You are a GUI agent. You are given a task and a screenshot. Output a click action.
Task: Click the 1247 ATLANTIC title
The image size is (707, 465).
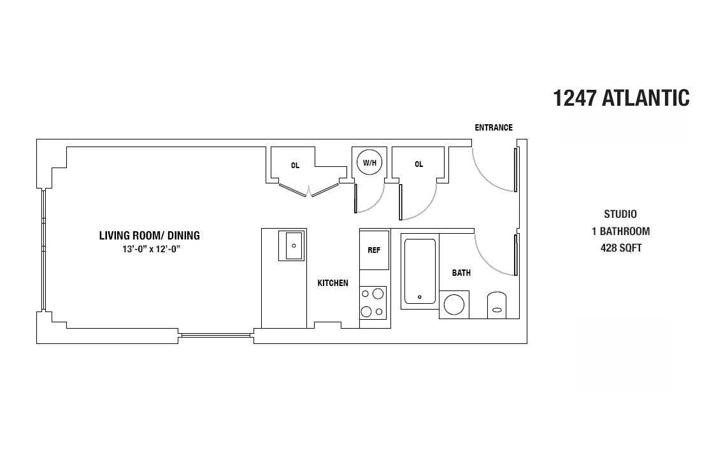(x=621, y=98)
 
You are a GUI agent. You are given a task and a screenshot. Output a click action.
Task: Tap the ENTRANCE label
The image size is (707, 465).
(x=493, y=127)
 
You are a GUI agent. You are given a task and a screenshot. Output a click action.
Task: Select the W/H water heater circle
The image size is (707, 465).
(x=370, y=162)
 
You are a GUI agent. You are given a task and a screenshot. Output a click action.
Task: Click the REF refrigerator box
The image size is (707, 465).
(x=374, y=250)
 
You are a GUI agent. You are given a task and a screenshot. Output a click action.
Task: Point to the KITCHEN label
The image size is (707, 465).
(x=332, y=283)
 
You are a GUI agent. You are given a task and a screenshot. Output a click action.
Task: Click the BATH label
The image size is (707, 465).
(x=461, y=273)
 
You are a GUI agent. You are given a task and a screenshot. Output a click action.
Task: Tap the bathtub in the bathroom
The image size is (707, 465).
(x=420, y=271)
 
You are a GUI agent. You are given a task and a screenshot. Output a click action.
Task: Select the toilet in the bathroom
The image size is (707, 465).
(x=497, y=305)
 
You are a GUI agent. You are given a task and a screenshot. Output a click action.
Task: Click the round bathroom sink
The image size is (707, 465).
(x=454, y=304)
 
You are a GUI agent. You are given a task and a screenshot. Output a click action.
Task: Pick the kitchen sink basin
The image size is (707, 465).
(x=294, y=245)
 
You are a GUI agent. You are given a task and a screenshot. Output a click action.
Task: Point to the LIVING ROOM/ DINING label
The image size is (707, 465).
(x=149, y=236)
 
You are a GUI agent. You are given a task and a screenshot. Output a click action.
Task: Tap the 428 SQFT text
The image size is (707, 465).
(x=620, y=248)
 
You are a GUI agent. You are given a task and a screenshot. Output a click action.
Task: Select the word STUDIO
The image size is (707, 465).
(x=620, y=214)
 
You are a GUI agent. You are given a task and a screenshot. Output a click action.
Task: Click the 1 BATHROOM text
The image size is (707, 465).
(x=620, y=231)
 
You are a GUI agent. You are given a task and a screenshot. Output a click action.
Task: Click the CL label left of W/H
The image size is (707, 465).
(x=295, y=165)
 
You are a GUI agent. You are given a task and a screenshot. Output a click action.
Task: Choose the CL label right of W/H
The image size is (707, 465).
(x=418, y=164)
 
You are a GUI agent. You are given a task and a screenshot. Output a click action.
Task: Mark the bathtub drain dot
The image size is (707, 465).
(x=420, y=297)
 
